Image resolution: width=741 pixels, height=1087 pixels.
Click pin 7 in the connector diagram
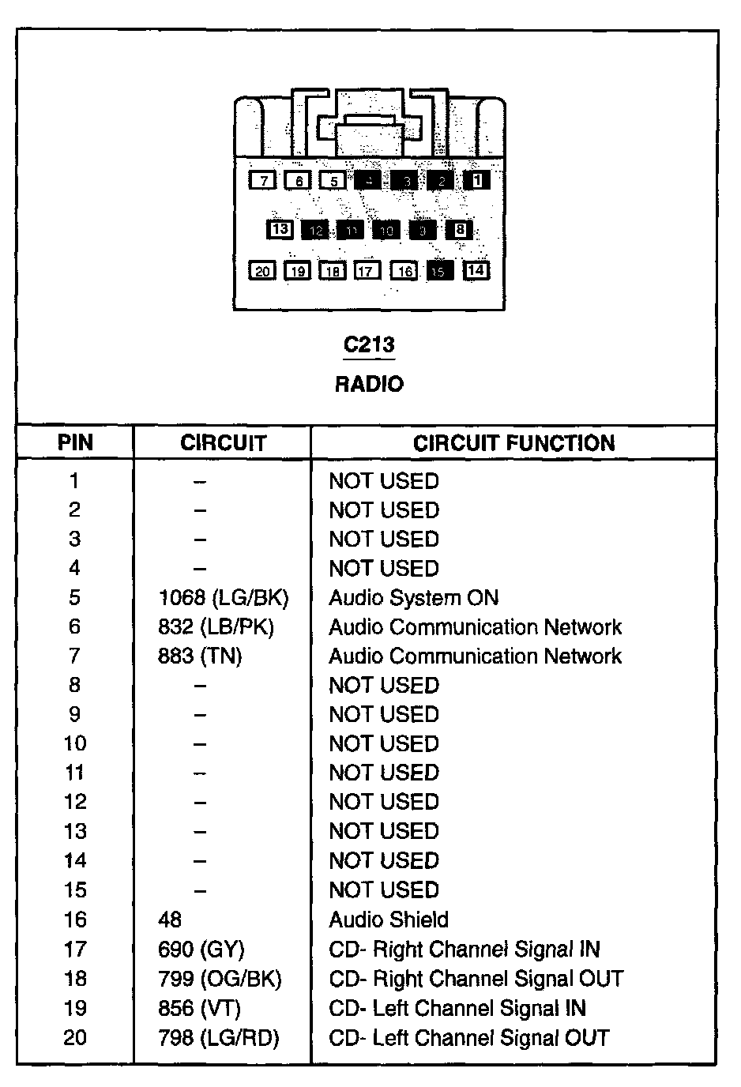(x=263, y=181)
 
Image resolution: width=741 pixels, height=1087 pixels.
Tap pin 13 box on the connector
(x=280, y=230)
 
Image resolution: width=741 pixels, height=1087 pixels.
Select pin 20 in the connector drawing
(x=263, y=271)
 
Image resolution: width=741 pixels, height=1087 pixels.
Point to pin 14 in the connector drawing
(x=476, y=270)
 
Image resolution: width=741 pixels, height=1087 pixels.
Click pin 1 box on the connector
(x=476, y=180)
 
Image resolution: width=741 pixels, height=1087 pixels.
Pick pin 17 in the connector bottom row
(x=366, y=271)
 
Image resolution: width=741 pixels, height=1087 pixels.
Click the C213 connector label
(x=369, y=345)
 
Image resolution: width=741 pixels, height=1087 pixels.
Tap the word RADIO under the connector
(x=369, y=385)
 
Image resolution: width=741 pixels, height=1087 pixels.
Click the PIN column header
(x=75, y=443)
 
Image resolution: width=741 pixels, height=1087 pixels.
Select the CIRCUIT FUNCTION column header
(x=513, y=443)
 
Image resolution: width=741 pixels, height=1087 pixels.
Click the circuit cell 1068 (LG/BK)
(x=224, y=598)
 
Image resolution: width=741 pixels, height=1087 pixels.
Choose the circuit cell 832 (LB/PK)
(x=216, y=627)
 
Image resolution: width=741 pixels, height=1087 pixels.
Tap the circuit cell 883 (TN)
(x=200, y=656)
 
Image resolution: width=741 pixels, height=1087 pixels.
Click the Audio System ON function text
(x=414, y=598)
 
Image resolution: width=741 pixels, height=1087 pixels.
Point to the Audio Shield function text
(x=389, y=920)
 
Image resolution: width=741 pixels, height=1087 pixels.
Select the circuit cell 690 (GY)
(x=201, y=949)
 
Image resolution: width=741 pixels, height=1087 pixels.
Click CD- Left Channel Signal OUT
(x=469, y=1037)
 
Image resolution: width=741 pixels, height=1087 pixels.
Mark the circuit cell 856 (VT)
(x=199, y=1008)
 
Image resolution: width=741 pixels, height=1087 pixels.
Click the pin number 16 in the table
(x=75, y=920)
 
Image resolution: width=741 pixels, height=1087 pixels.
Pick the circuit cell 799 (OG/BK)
(x=220, y=979)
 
